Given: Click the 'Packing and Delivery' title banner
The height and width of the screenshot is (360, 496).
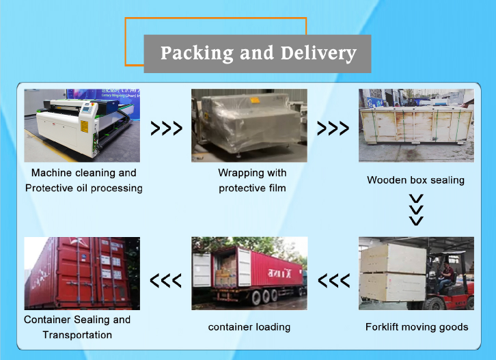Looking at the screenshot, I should (x=258, y=53).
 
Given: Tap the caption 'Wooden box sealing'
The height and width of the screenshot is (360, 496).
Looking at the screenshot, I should (x=415, y=180).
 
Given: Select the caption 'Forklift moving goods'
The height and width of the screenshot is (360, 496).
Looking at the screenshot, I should (x=417, y=327).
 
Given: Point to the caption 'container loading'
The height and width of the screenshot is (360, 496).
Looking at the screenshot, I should (x=249, y=327).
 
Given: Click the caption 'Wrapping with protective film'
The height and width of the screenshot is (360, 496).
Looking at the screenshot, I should (x=252, y=180).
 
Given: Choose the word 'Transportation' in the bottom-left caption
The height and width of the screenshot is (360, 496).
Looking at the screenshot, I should (x=77, y=335).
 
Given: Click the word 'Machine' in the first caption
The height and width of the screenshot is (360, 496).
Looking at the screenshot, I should (x=55, y=173).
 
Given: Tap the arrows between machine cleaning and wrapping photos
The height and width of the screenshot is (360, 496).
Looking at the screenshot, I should (x=166, y=128).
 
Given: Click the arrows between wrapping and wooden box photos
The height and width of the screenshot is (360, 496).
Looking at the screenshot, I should (x=333, y=128).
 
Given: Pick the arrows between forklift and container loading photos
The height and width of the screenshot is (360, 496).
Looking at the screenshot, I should (x=334, y=280).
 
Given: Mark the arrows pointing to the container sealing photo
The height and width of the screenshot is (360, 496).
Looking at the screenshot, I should (x=166, y=280).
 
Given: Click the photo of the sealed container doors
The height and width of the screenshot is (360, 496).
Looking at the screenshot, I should (x=82, y=273).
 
